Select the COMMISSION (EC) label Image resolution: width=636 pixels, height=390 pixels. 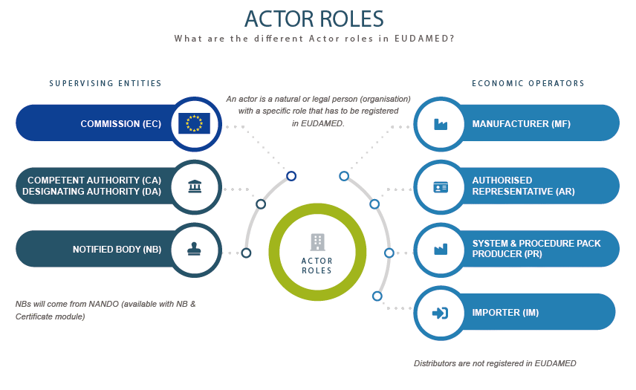click(120, 124)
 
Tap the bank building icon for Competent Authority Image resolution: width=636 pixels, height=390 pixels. click(194, 186)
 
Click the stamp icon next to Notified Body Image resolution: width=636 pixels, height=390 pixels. click(194, 250)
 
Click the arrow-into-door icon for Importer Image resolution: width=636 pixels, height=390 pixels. click(440, 313)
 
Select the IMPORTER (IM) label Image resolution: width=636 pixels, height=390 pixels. click(505, 313)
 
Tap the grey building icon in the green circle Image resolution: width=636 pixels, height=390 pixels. click(317, 241)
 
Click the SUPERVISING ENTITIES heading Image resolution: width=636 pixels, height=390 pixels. click(106, 84)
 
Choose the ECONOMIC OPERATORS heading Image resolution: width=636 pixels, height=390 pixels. click(528, 84)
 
